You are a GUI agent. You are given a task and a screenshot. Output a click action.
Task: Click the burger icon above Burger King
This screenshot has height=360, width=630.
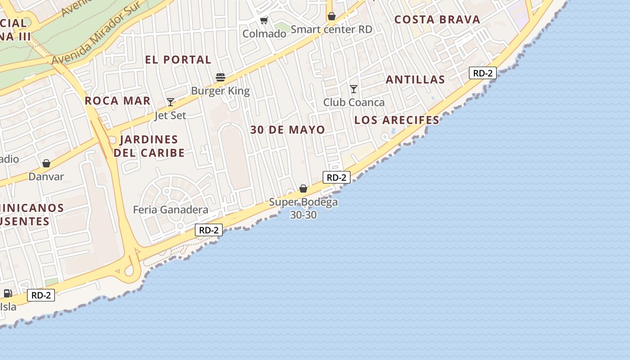coord(220,77)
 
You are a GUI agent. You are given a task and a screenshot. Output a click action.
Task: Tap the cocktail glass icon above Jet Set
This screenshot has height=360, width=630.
coord(171,102)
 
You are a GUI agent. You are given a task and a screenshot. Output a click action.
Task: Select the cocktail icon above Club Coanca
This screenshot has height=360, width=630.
coord(354,89)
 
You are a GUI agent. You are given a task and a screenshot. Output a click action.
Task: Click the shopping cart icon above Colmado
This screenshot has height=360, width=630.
coord(264,20)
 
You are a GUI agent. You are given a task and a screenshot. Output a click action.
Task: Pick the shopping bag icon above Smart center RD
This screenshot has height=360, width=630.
coord(332,17)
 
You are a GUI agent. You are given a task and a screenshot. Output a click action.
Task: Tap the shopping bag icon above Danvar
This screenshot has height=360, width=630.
coord(46,163)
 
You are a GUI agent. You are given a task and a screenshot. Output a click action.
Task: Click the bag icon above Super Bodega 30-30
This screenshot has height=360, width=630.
coord(303,189)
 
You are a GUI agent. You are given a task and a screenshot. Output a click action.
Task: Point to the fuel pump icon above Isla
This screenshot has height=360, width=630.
coord(8,293)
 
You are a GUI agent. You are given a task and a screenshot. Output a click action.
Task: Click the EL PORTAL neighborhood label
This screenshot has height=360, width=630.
coord(178,59)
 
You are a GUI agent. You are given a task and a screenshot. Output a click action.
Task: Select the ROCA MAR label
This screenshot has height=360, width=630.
coord(117,100)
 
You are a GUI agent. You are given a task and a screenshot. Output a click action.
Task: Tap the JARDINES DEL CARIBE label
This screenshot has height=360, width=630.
coord(149,146)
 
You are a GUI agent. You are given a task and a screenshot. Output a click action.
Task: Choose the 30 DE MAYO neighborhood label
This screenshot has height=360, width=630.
coord(288,130)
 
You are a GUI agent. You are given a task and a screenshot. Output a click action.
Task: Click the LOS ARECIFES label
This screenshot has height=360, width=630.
coord(396,120)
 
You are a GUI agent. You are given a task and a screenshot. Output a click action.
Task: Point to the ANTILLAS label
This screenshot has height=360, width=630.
coord(415,80)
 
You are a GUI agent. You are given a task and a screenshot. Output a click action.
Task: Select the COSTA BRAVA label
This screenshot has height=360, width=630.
coord(437,20)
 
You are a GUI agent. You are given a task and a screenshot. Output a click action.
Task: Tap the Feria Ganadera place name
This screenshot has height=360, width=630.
coord(171,210)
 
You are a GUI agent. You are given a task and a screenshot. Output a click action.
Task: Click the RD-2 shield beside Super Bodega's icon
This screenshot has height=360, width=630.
coord(336,177)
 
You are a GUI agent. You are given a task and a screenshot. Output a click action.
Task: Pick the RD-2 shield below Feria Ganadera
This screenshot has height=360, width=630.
coord(209,230)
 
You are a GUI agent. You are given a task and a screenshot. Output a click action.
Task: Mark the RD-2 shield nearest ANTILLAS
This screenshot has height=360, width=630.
coord(482,73)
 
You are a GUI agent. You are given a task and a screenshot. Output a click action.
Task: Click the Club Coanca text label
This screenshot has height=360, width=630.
coord(354,103)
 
